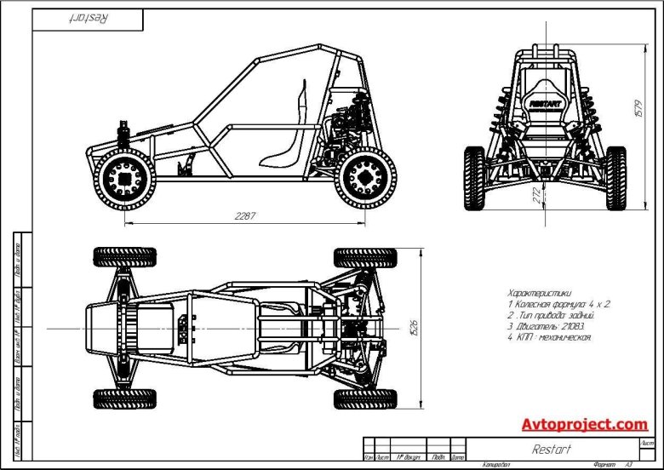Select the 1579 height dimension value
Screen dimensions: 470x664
(x=638, y=109)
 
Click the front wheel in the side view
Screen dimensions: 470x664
(x=127, y=181)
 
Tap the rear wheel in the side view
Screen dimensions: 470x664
(x=365, y=179)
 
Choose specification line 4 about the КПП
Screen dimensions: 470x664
(x=548, y=336)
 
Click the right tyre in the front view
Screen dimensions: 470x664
(x=615, y=177)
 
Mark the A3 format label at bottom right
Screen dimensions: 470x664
(x=628, y=464)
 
